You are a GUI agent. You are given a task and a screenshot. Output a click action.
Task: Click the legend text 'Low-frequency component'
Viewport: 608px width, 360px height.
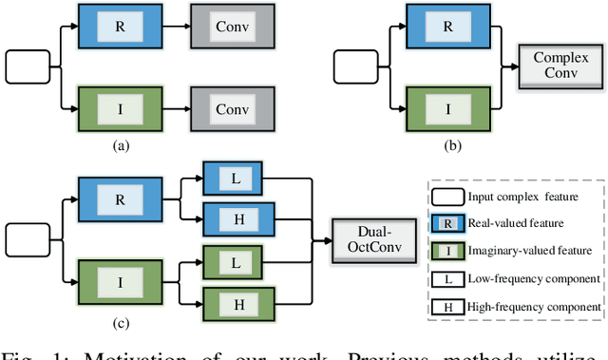click(534, 278)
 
